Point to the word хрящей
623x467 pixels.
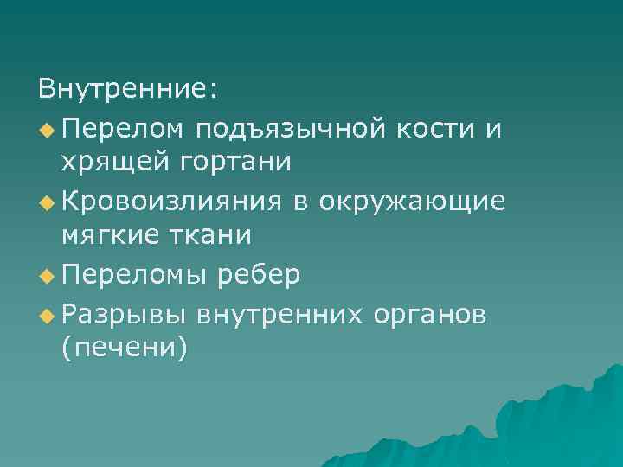coord(112,162)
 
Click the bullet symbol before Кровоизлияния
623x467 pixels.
coord(46,202)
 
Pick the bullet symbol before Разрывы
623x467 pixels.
coord(46,314)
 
